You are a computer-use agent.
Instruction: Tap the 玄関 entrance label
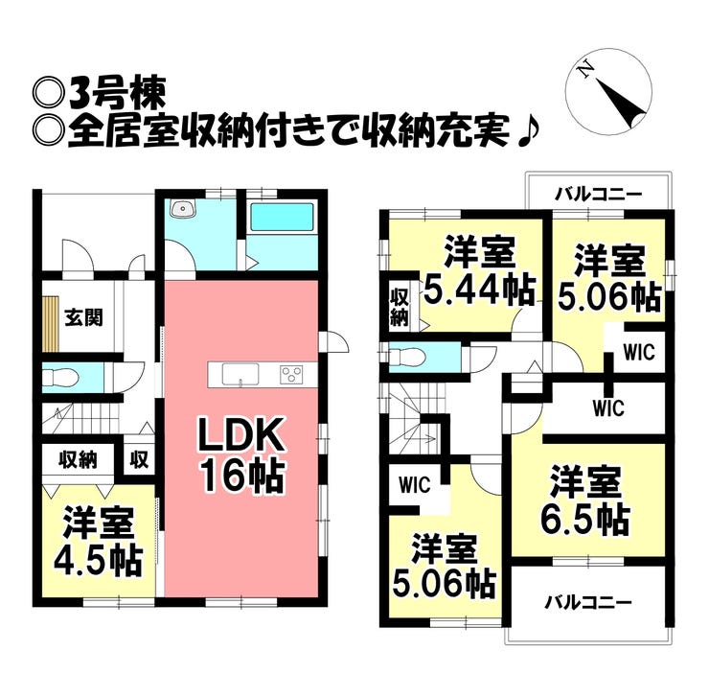tap(84, 317)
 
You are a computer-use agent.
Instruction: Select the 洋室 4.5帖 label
tap(99, 542)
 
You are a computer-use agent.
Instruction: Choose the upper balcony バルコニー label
tap(599, 195)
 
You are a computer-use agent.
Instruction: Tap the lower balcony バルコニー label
tap(588, 602)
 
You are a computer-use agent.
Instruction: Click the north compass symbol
tap(609, 91)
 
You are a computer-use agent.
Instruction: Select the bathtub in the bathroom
tap(282, 217)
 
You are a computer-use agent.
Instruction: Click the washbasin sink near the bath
tap(183, 208)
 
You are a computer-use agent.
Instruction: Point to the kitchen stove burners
tap(291, 375)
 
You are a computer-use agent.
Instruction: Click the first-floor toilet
tap(60, 378)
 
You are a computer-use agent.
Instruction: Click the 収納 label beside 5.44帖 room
tap(400, 307)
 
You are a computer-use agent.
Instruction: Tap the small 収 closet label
tap(139, 460)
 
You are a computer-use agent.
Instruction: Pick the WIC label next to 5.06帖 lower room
tap(415, 485)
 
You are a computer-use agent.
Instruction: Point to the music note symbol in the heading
tap(527, 132)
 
